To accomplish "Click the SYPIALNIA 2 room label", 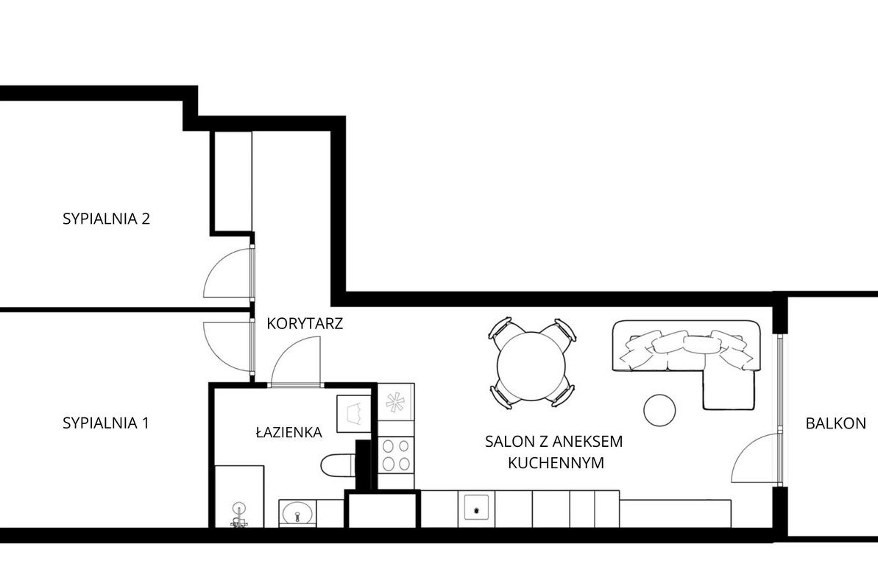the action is coord(107,219).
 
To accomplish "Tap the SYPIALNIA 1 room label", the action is coord(106,423).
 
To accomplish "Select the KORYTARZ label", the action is coord(305,323).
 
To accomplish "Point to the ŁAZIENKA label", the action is coord(289,432).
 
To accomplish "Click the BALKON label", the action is coord(835,423).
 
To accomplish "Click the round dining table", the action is coord(531,367).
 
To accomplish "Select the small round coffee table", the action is coord(659,410).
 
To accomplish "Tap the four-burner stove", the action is coord(395,455).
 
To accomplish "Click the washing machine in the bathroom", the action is coord(353,414).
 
